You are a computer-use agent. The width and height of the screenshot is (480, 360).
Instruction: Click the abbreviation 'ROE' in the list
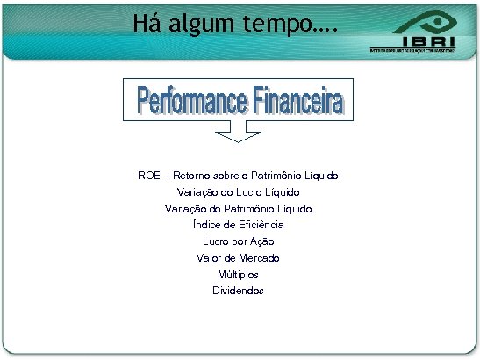150,176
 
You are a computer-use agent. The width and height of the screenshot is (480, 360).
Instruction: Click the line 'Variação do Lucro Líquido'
238,191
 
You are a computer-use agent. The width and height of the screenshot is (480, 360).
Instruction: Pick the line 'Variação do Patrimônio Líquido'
238,208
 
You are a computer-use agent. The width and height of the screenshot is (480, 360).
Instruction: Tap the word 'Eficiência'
260,225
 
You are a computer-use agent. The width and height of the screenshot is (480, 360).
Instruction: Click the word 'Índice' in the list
207,225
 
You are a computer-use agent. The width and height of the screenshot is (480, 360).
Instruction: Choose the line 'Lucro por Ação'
238,241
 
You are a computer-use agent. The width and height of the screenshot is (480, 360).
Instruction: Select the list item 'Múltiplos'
238,274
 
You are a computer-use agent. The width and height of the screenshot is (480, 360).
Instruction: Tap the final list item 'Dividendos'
238,291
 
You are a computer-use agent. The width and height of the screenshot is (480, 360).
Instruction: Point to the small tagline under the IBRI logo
412,51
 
